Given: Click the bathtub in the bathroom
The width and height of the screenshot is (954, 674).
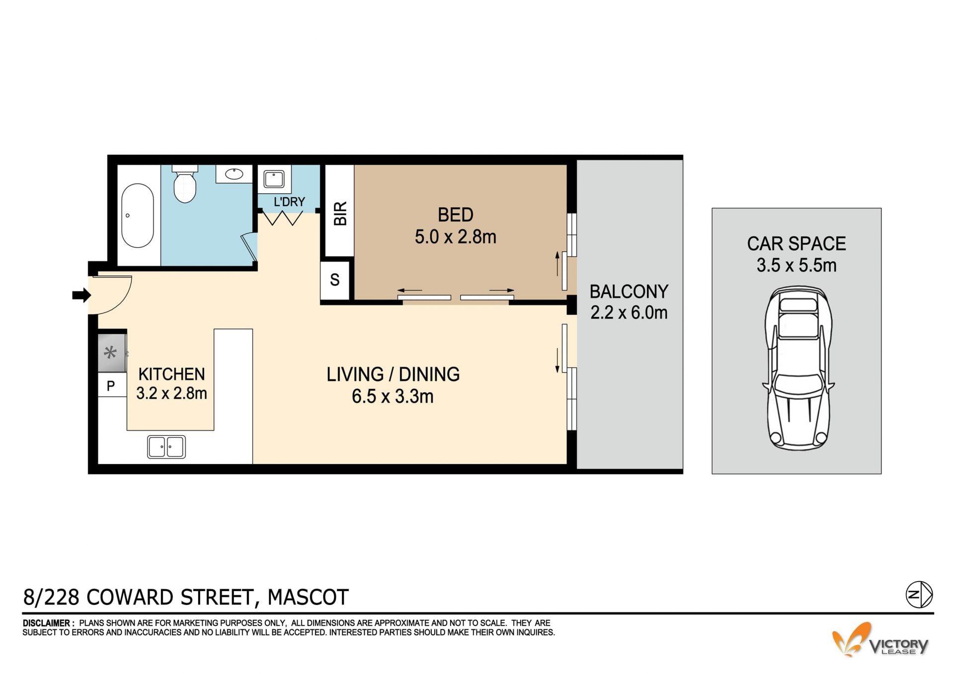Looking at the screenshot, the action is coord(138,216).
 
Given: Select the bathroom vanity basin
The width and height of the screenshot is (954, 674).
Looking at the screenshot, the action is coord(234,174).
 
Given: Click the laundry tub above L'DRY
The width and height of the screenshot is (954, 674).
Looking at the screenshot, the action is coord(274,179).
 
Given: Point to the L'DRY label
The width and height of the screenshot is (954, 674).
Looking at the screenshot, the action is coord(289,202).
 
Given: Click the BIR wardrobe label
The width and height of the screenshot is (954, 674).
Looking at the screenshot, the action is coord(340,214).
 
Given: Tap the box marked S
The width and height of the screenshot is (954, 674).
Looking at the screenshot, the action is coord(335,280).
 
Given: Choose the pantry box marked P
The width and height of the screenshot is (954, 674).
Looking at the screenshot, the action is coord(111,385).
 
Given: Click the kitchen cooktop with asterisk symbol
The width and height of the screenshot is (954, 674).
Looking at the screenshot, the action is coord(111,353).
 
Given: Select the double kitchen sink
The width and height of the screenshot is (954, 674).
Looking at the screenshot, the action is coord(166,447).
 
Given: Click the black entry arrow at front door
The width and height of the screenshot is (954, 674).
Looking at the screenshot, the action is coord(81,296).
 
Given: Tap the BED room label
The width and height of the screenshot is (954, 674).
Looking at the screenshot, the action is coord(456,215).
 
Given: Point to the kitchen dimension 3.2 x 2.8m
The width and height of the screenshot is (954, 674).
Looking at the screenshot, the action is coord(171,393).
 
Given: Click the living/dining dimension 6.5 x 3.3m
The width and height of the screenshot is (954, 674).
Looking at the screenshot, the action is coord(393,396).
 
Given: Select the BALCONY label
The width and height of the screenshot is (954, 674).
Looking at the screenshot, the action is coord(629,292).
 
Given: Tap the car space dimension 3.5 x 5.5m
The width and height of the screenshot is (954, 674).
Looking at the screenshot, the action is coord(796,265).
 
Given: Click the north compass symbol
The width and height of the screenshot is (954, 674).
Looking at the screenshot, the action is coord(919,595).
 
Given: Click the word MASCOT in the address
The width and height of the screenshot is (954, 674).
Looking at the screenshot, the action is coord(308,597).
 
